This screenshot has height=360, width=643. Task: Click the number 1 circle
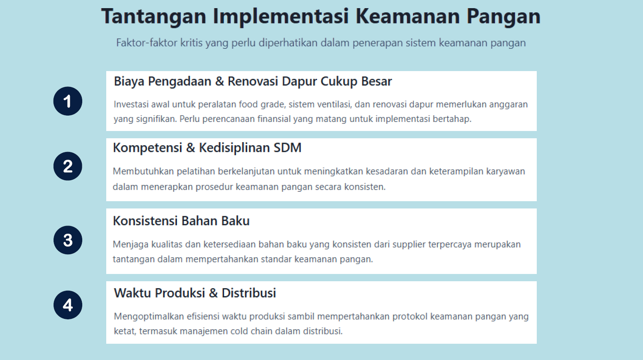(x=68, y=101)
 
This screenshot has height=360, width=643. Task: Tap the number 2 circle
(x=68, y=167)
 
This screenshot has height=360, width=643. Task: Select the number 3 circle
(x=68, y=240)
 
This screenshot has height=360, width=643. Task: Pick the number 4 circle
(x=68, y=305)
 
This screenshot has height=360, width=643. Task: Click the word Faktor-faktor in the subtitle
(x=147, y=43)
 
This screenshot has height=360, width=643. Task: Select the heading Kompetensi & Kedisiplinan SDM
(x=207, y=148)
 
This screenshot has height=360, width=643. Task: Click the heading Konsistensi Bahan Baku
(x=181, y=221)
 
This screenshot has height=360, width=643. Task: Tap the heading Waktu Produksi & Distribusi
(x=195, y=293)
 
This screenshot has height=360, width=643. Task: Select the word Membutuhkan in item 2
(x=143, y=171)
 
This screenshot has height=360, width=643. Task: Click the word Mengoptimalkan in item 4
(x=149, y=317)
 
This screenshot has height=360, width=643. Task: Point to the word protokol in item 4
(x=410, y=316)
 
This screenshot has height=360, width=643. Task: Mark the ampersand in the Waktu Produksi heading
(x=213, y=293)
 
